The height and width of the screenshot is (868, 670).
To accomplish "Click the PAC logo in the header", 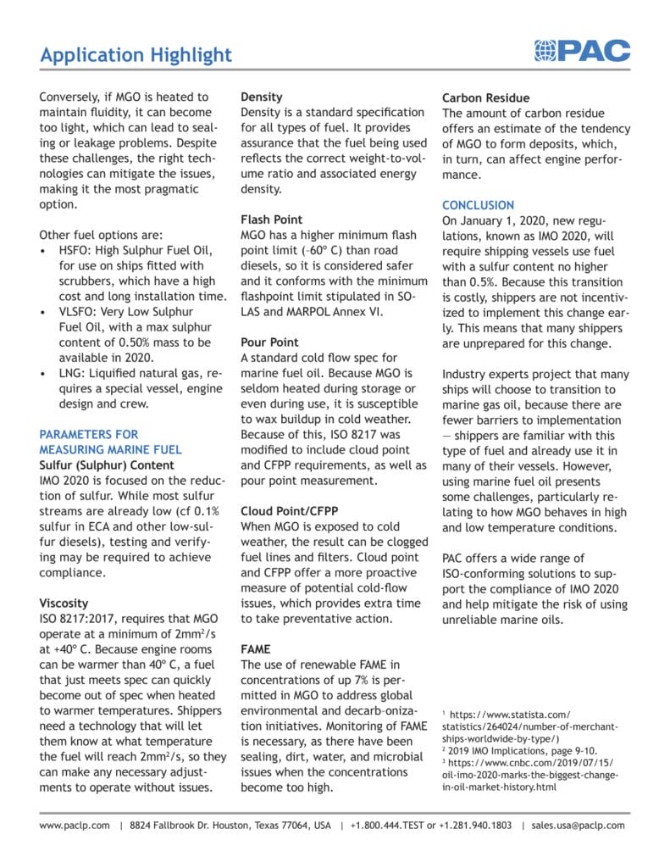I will (582, 52).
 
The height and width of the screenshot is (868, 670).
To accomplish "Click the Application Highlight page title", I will (136, 55).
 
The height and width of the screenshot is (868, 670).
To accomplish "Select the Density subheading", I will (262, 97).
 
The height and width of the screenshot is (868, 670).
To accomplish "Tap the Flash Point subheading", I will (271, 220).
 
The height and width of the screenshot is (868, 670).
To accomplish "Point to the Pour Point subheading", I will (269, 342).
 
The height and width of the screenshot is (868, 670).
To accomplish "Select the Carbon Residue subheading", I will (485, 97).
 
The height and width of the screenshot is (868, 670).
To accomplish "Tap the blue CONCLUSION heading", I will (478, 205).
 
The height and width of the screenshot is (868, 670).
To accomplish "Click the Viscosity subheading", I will (64, 603).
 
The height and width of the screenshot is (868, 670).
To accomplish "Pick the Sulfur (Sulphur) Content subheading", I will (107, 465).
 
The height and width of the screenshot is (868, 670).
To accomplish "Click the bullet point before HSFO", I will (44, 251).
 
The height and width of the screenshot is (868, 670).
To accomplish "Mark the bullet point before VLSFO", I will (44, 312).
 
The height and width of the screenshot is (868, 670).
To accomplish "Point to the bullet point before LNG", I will (44, 374).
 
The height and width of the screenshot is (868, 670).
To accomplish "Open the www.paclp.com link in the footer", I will (75, 825).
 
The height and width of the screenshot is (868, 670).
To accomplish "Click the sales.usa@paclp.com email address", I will (580, 825).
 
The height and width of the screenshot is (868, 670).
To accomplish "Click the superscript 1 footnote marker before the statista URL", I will (445, 714).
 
